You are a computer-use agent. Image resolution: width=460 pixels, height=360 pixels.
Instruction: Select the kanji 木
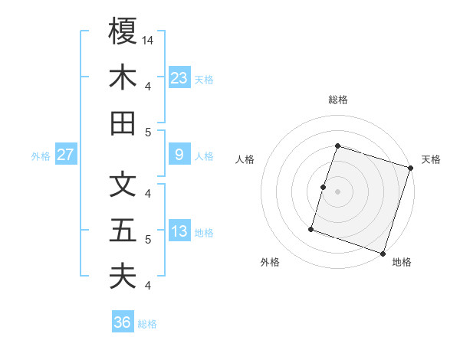coord(123,77)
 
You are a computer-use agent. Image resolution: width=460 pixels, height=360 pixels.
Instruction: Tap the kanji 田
coord(123,123)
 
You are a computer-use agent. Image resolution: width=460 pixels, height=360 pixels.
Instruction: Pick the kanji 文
coord(123,185)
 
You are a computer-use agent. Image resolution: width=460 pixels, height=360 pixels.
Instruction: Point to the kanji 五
coord(123,231)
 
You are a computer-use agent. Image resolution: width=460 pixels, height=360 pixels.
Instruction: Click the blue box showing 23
coord(179,77)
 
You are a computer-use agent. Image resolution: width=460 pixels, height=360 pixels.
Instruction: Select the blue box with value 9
coord(179,155)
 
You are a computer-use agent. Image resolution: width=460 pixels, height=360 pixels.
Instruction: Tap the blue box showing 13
coord(179,232)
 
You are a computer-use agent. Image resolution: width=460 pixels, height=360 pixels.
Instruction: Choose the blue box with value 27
coord(65,155)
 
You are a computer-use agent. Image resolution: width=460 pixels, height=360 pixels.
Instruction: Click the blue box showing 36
coord(123,322)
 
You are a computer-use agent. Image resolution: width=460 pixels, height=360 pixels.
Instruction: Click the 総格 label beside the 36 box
coord(147,324)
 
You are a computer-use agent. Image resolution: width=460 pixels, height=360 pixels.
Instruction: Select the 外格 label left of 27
coord(41,156)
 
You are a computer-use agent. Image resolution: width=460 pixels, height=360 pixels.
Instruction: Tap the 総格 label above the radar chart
coord(337,100)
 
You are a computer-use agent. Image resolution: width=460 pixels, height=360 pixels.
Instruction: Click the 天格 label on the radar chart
coord(431,159)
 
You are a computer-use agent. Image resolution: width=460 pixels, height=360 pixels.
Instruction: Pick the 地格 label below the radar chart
coord(402,263)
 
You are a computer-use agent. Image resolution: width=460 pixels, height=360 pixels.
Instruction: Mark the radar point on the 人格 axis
coord(323,187)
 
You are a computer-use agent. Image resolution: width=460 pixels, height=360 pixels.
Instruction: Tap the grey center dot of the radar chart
coord(337,191)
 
